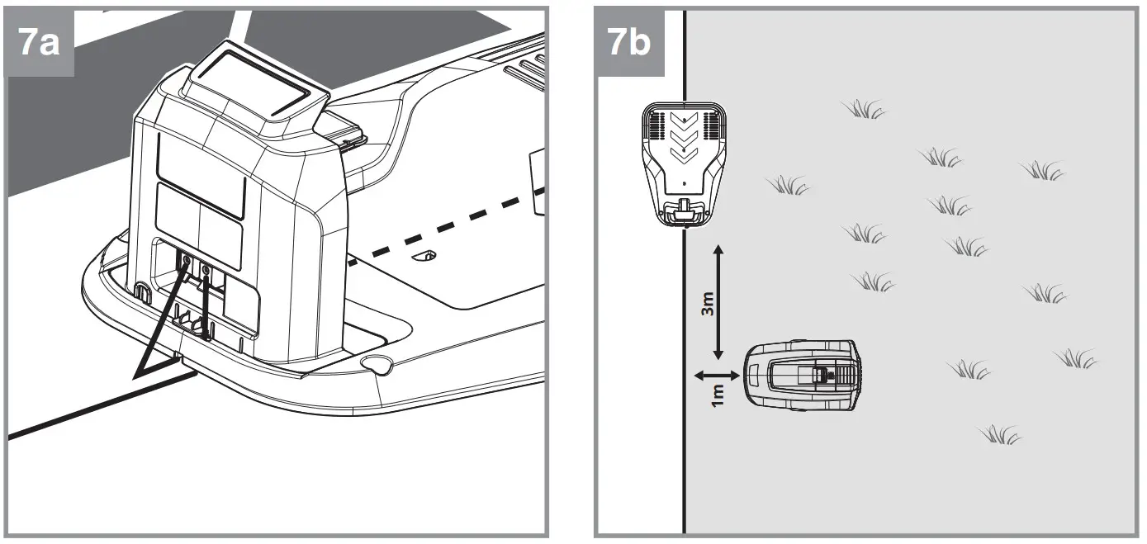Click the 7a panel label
tap(39, 43)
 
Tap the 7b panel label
tap(628, 43)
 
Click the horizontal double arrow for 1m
tap(715, 375)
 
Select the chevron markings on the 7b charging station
tap(684, 139)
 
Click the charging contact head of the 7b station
tap(684, 213)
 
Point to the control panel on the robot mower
tap(822, 374)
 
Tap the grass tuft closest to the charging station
tap(788, 186)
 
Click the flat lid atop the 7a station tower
tap(252, 92)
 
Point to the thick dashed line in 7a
tap(446, 227)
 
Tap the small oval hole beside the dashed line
tap(424, 256)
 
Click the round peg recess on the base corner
tap(377, 363)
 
